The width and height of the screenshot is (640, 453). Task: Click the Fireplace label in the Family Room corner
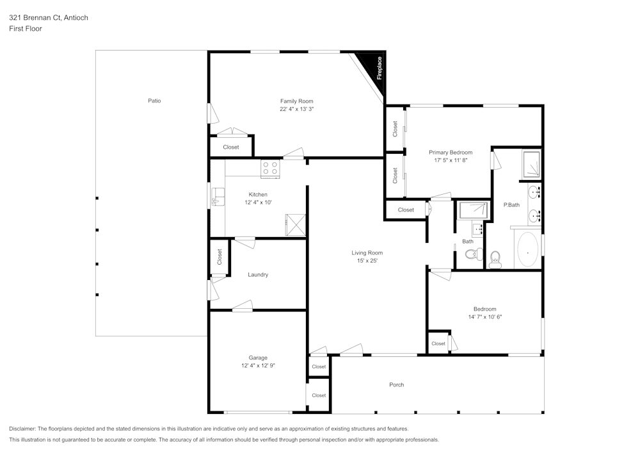(379, 68)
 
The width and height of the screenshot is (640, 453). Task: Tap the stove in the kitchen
(270, 169)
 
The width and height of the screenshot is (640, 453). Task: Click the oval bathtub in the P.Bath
(527, 250)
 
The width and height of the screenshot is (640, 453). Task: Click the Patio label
(154, 101)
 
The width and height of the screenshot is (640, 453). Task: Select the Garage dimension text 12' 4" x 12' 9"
(258, 365)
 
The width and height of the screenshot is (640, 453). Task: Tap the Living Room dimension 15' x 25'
(367, 260)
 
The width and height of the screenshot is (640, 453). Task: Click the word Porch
(396, 384)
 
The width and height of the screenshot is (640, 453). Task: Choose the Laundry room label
(258, 274)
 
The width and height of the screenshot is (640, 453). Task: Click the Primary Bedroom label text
(451, 152)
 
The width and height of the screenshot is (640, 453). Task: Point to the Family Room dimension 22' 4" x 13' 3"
(296, 109)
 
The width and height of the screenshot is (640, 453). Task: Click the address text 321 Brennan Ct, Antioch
(49, 18)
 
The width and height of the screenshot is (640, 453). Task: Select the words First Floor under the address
(26, 29)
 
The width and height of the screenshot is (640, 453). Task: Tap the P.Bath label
(511, 205)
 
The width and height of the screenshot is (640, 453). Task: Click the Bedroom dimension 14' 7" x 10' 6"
(484, 317)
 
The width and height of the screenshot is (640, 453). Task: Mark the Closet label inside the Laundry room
(220, 257)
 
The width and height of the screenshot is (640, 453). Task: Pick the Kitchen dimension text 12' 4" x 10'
(258, 202)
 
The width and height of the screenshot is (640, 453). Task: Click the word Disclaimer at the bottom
(23, 429)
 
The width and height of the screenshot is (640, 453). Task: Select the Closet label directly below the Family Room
(231, 147)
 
